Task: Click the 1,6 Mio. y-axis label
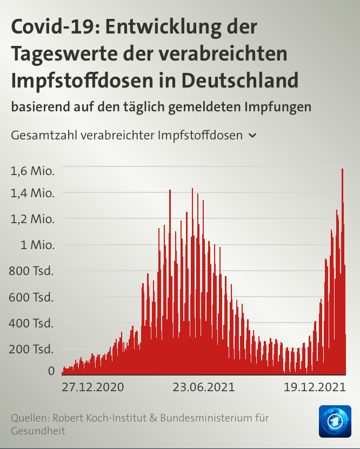pos(32,171)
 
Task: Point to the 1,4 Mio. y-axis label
pos(32,193)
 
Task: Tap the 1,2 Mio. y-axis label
pos(32,219)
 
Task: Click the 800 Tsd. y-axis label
pos(31,271)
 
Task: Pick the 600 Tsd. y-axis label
pos(31,297)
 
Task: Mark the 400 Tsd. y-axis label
pos(31,323)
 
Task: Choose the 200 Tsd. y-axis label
pos(31,349)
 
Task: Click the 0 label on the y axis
pos(51,371)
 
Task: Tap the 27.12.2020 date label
pos(92,387)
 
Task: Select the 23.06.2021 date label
pos(204,387)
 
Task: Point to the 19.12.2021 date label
pos(315,387)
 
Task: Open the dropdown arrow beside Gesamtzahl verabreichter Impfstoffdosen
pos(252,136)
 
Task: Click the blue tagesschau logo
pos(335,421)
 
